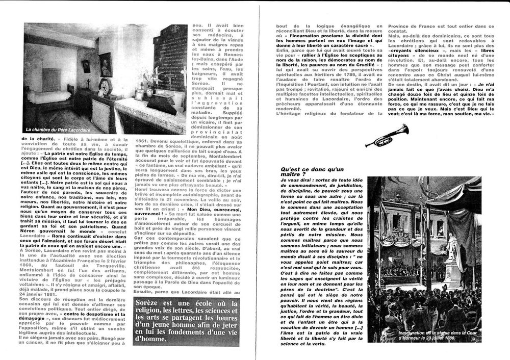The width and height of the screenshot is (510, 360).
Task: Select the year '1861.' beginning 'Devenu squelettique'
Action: pos(146,139)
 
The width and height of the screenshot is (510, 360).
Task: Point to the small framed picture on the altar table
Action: pos(139,94)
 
